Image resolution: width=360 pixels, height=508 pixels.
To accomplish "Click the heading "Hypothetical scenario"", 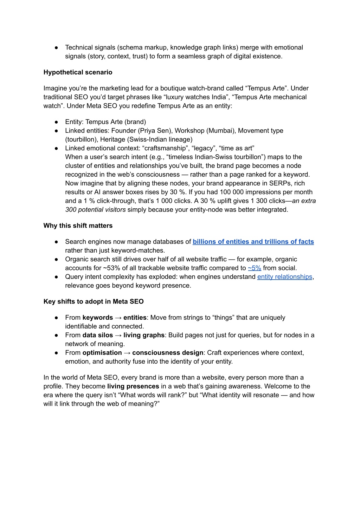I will tap(78, 72).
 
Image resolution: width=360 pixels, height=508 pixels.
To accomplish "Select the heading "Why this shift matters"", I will tap(78, 226).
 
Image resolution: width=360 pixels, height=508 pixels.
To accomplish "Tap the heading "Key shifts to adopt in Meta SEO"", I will tap(94, 301).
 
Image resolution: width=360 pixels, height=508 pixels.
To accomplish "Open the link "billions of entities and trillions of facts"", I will tap(253, 242).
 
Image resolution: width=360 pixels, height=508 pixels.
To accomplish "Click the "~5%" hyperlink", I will tap(254, 268).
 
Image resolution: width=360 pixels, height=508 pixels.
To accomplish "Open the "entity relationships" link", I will tap(284, 277).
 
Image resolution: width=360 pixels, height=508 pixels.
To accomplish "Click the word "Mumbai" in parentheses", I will tap(223, 131).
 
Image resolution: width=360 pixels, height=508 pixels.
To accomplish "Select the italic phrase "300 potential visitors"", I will tap(95, 210).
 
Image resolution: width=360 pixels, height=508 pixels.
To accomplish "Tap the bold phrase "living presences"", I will tap(133, 386).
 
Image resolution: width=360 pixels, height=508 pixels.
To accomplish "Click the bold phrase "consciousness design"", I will tap(168, 353).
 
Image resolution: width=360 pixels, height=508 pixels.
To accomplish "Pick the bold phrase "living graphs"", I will tap(144, 335).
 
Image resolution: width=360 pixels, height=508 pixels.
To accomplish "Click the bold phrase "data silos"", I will tap(98, 335).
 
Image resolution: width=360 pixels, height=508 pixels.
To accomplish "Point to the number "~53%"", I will tap(111, 268).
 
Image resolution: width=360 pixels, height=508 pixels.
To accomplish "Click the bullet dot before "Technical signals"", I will tap(56, 47).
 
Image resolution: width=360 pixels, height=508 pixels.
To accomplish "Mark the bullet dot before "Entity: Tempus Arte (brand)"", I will tap(56, 122).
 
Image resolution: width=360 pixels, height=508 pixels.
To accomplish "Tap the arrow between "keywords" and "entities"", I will tap(118, 318).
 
